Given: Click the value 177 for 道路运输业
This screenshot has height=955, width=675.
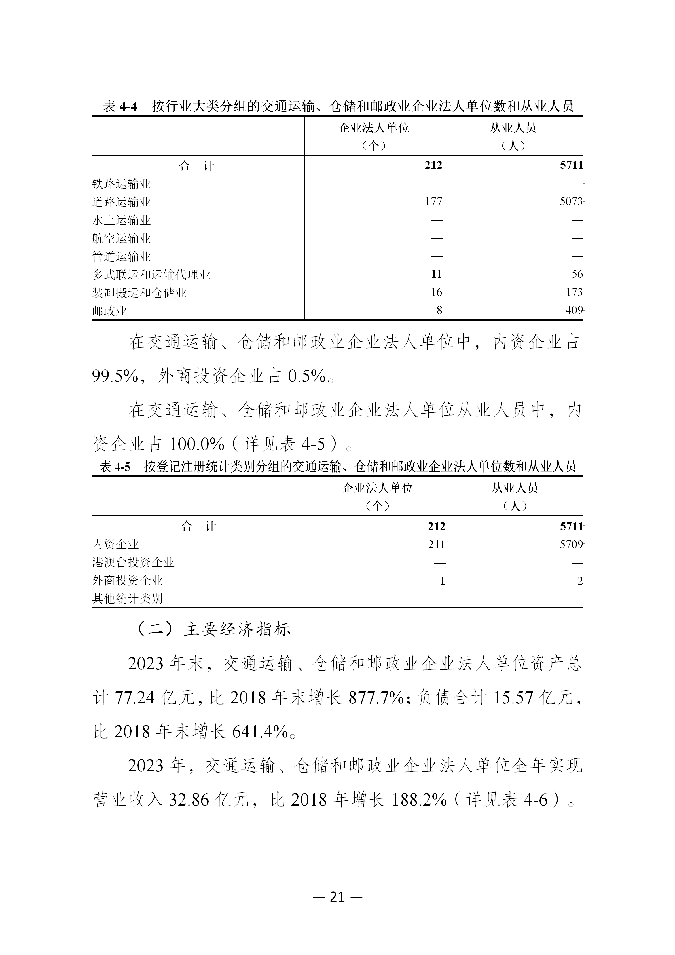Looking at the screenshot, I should (433, 202).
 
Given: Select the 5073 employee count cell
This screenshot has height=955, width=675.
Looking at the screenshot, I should (571, 202).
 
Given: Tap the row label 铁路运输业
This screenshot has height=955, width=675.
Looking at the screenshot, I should (121, 184).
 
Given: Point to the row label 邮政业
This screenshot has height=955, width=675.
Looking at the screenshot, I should (109, 311).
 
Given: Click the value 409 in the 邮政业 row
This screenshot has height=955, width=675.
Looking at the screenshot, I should (574, 310).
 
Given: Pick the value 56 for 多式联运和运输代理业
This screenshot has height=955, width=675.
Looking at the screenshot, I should (577, 274).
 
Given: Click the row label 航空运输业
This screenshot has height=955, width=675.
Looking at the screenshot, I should (121, 238).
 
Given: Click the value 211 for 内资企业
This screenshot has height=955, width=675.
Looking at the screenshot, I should (436, 545).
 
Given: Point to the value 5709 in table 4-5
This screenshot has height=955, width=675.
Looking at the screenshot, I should (571, 545).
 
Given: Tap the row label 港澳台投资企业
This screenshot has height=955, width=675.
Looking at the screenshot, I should (133, 563).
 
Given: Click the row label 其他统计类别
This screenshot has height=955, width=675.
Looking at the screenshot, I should (127, 599).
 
